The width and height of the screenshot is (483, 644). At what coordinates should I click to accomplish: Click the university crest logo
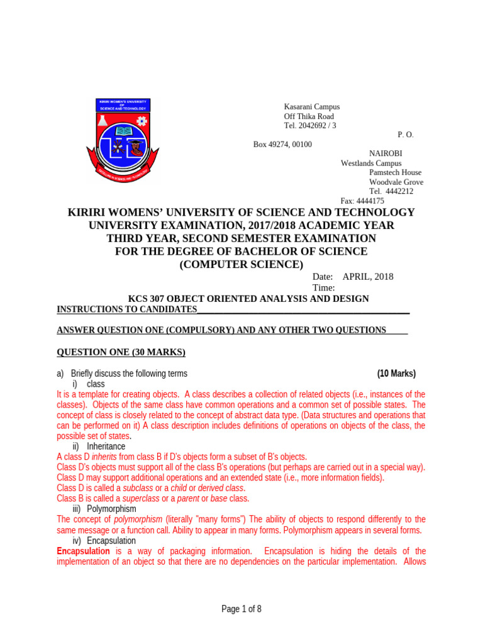click(123, 141)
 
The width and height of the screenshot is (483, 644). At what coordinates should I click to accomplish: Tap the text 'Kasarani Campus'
click(312, 107)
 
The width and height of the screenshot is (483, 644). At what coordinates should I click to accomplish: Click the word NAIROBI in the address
click(386, 153)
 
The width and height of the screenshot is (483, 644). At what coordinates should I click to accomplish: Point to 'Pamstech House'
click(395, 172)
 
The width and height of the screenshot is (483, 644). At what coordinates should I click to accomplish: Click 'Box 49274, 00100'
click(282, 144)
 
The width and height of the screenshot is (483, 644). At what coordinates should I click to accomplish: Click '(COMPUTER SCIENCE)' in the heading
click(241, 265)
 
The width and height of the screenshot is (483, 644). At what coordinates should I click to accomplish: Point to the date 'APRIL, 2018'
click(368, 277)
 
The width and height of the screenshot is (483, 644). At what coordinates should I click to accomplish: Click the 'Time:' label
click(324, 287)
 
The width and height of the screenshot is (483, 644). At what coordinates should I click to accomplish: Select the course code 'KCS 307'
click(146, 299)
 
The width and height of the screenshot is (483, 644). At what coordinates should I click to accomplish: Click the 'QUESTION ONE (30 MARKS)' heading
click(121, 352)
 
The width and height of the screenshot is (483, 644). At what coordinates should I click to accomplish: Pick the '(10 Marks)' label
click(396, 374)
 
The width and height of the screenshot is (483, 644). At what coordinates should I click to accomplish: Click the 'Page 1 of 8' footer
click(241, 609)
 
